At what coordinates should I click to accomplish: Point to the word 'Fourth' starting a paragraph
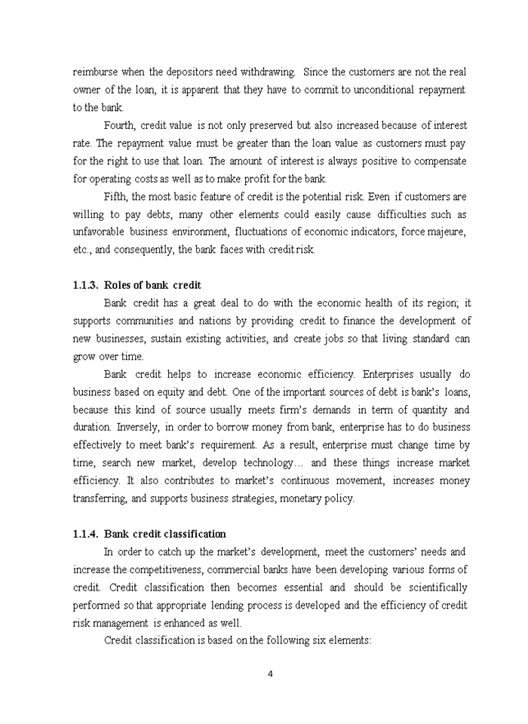118,125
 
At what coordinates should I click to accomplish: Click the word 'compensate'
439,161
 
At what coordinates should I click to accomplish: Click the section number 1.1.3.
85,286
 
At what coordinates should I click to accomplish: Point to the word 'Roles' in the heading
118,286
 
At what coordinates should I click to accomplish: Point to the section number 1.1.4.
85,535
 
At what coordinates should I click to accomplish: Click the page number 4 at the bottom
270,674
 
